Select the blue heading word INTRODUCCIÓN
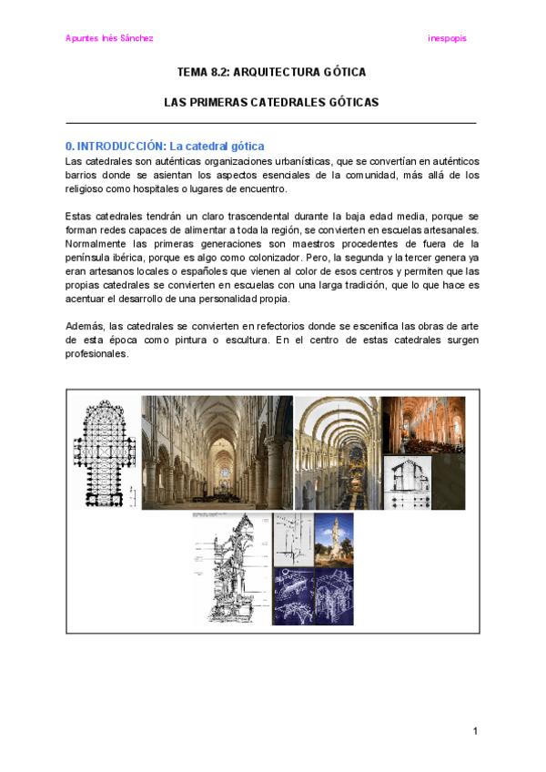(x=120, y=146)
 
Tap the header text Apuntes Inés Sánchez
(x=109, y=38)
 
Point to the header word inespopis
(x=447, y=38)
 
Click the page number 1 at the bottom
(x=475, y=731)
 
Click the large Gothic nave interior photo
(x=217, y=452)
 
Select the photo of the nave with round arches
(x=337, y=452)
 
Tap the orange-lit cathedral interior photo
(x=422, y=424)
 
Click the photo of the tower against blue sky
(x=333, y=539)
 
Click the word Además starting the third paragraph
(x=84, y=325)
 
